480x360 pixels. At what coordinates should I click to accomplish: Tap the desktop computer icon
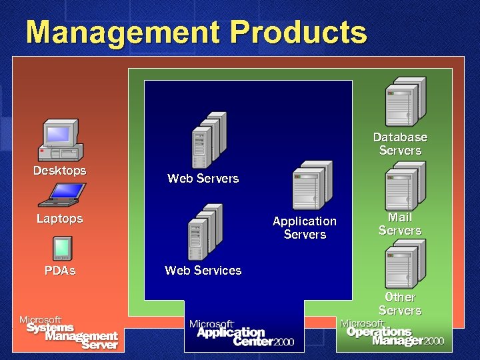coord(61,141)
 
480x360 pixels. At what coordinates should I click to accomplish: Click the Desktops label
coord(60,171)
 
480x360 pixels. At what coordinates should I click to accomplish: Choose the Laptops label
coord(60,219)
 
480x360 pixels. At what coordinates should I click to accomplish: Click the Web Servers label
coord(203,178)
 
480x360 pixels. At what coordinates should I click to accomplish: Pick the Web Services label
coord(203,270)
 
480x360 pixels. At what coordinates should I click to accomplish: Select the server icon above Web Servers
coord(208,139)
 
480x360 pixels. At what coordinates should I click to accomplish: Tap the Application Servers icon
coord(311,185)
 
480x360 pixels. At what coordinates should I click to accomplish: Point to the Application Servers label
coord(305,227)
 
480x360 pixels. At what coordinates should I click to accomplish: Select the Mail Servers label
coord(400,224)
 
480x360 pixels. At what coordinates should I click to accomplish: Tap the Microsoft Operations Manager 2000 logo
coord(392,332)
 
